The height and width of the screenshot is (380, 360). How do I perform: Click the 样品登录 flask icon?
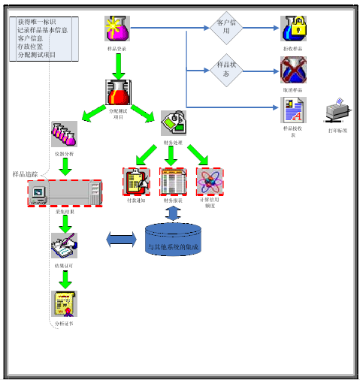[117, 29]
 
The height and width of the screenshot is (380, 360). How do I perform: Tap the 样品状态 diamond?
[228, 71]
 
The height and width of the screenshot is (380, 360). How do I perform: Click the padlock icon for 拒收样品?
[294, 29]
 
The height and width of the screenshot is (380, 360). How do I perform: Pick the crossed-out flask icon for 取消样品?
[294, 71]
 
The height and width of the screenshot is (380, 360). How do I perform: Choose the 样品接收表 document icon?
[294, 110]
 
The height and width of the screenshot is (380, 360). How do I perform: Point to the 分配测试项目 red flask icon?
[119, 92]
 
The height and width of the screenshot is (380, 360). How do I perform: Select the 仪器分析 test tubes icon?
[64, 135]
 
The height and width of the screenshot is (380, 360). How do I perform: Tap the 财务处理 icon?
[172, 123]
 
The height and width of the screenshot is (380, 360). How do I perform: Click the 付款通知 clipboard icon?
[135, 181]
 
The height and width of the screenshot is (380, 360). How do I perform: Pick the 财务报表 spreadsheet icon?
[173, 181]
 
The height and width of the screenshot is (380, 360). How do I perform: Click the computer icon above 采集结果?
[63, 194]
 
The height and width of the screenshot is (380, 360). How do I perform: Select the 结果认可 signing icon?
[63, 246]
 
